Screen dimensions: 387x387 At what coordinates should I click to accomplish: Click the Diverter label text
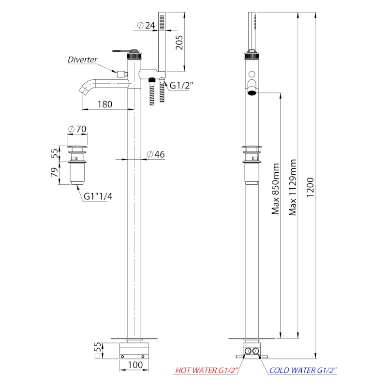point(82,60)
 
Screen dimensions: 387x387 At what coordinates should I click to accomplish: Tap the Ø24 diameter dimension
point(146,25)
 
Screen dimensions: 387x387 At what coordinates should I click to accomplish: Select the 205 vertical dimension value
point(179,43)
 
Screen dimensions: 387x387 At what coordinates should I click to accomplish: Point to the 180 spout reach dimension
point(105,104)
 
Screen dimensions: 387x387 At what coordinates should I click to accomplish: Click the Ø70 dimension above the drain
point(77,129)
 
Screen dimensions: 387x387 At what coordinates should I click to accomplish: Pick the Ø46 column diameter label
point(156,154)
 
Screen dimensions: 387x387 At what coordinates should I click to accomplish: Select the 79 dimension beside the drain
point(55,172)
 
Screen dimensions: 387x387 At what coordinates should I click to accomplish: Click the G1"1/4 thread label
point(98,196)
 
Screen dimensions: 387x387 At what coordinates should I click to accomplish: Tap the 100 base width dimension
point(135,365)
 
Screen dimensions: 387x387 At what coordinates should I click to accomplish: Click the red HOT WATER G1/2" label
point(207,370)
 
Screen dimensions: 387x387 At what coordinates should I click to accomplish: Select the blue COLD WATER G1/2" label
point(303,370)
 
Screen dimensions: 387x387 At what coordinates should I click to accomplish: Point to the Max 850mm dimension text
point(275,189)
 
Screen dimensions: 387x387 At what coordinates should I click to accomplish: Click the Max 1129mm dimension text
point(293,187)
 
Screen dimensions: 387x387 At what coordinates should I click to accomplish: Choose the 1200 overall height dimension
point(310,187)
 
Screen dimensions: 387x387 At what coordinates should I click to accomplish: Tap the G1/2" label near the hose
point(181,86)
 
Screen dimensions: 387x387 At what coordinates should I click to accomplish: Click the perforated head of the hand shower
point(162,22)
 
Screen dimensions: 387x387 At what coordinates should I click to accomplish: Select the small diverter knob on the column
point(122,74)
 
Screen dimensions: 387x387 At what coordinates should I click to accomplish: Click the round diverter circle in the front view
point(252,74)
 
